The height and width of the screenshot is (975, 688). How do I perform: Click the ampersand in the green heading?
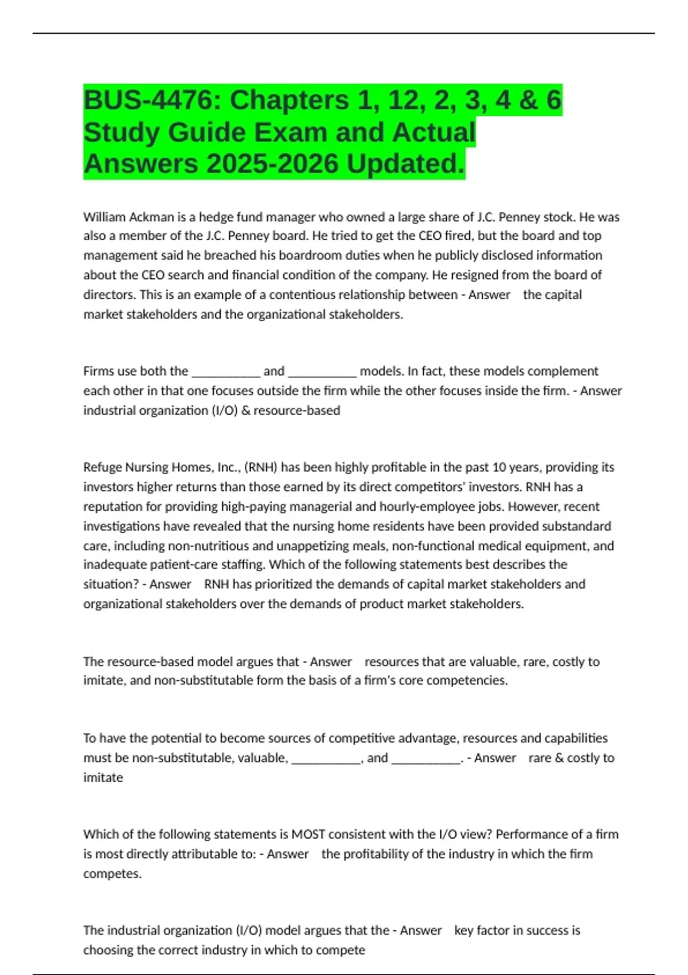coord(529,100)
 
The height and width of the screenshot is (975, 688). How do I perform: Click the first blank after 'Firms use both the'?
coord(226,372)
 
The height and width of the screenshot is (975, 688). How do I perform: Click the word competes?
coord(112,874)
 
